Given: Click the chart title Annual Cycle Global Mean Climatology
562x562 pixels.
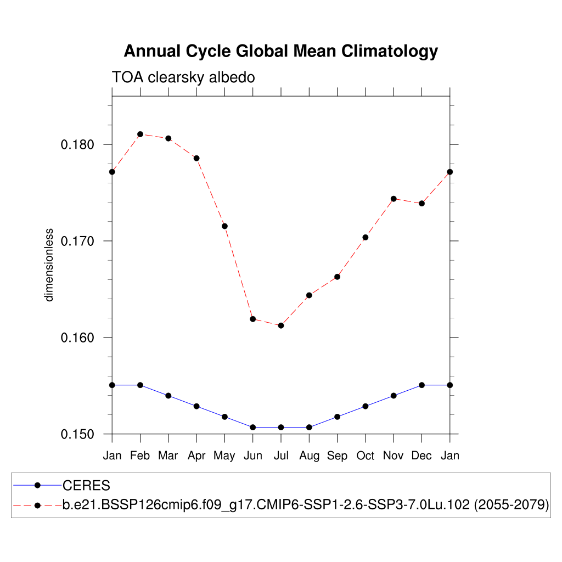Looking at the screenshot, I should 280,51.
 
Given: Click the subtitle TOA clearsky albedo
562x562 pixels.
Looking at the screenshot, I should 183,77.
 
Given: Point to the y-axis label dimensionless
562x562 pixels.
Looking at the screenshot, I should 49,265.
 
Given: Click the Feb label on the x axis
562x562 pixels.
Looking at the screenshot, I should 140,456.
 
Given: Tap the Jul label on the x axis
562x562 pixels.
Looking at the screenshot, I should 281,456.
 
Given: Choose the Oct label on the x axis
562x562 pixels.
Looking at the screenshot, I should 366,456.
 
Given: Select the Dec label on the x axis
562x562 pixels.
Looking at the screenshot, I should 421,456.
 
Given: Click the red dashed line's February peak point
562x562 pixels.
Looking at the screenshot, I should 140,134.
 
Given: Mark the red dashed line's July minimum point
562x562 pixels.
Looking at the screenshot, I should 281,325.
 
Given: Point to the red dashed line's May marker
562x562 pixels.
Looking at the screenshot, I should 224,226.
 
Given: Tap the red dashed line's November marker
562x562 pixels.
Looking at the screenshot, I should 394,199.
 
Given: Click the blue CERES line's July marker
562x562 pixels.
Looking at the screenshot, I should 281,427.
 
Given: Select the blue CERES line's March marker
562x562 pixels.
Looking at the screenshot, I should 168,396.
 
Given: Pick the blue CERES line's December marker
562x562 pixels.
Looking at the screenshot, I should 421,385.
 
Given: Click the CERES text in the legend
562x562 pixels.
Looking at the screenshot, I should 87,486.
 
